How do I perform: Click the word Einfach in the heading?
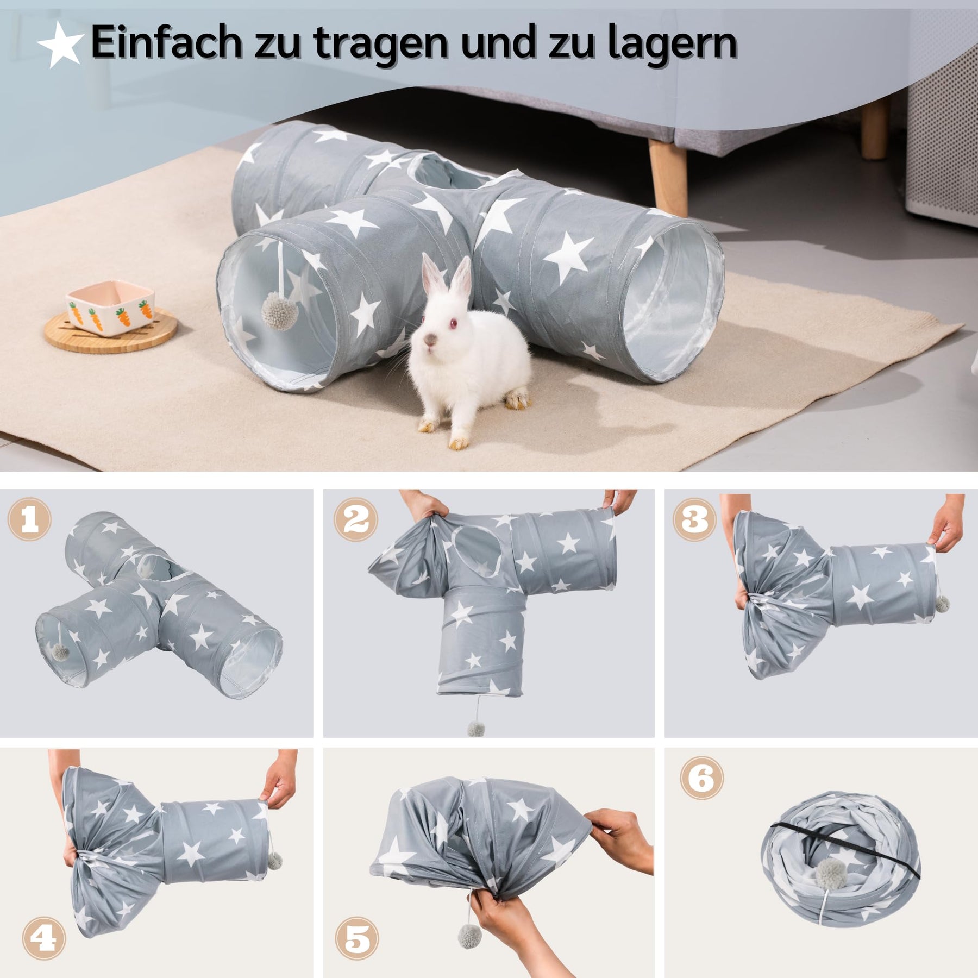coord(166,42)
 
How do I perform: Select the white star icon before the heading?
coord(60,45)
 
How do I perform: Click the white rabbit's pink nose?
coord(430,340)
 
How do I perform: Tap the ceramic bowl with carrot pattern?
coord(110,306)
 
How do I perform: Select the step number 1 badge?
coord(29,519)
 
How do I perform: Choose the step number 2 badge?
coord(356,519)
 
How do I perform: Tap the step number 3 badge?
coord(695,519)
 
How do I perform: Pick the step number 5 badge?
coord(357,938)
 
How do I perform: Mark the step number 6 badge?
coord(702,778)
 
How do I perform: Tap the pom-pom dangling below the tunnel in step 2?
coord(476,729)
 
